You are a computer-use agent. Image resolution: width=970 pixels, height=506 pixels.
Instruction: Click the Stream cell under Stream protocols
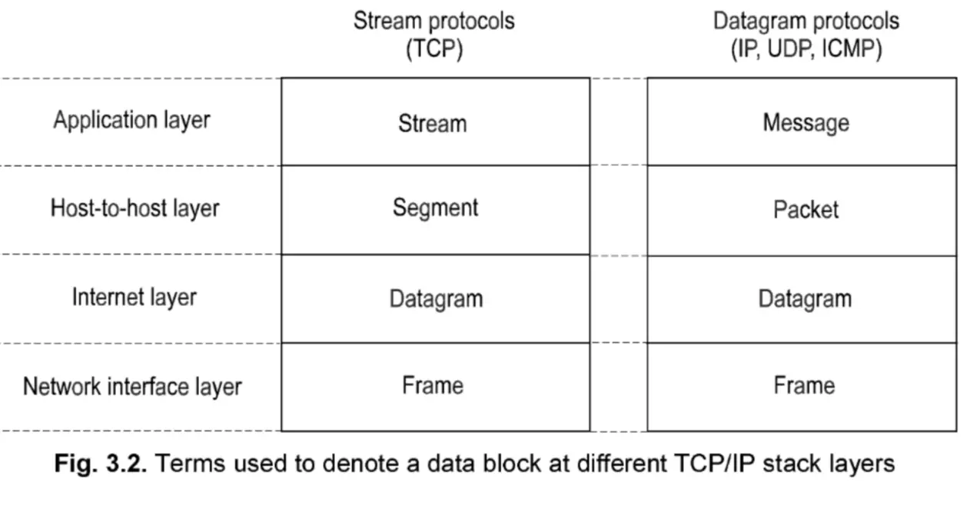tap(432, 123)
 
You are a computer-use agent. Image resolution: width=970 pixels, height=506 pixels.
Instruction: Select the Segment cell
tap(435, 208)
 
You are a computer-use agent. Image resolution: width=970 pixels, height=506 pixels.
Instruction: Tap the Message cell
tap(806, 123)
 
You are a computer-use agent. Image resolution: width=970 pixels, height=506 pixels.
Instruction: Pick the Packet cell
tap(806, 209)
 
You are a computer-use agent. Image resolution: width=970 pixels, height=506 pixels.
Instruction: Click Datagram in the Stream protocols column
tap(436, 298)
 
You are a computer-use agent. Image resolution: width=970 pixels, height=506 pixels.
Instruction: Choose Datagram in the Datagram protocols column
tap(805, 298)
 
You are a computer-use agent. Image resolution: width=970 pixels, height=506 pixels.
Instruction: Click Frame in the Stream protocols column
tap(433, 384)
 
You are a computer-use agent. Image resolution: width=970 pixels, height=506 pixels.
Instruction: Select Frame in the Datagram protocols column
tap(804, 384)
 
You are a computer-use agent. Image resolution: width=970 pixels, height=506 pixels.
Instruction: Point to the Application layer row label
tap(131, 121)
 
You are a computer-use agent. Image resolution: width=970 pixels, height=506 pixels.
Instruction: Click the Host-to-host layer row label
tap(135, 208)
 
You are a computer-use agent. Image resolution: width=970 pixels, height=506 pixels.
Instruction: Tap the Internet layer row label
tap(135, 298)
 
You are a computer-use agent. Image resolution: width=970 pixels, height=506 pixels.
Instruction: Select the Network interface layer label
tap(132, 386)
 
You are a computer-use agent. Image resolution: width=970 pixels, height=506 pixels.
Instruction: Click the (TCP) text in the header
tap(434, 49)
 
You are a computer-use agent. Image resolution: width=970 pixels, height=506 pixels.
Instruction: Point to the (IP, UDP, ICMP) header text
tap(806, 49)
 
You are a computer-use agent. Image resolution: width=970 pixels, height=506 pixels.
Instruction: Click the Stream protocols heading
tap(434, 21)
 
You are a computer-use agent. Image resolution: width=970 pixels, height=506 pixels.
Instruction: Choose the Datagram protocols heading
tap(806, 21)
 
